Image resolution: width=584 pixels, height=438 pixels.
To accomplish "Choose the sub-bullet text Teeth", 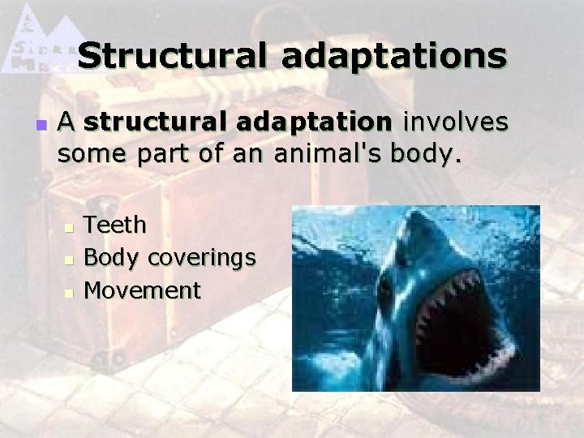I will [116, 224].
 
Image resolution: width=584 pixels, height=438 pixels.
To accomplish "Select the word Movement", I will [143, 290].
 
